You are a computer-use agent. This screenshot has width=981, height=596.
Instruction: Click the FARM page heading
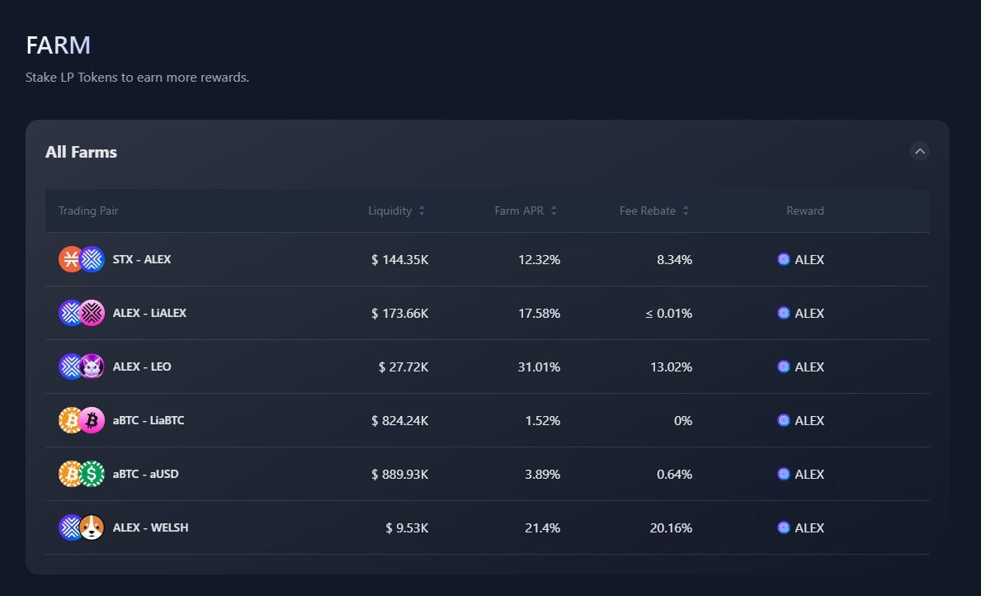click(x=58, y=45)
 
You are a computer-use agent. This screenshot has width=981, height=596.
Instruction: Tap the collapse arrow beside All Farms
click(x=919, y=151)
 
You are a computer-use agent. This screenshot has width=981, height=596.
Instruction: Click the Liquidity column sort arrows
click(x=422, y=210)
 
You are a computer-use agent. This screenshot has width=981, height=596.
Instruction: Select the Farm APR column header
click(x=519, y=210)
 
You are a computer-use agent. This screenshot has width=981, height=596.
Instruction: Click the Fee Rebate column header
click(x=648, y=210)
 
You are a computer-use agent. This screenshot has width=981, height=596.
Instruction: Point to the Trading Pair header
click(x=88, y=210)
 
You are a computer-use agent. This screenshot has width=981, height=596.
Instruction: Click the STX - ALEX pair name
click(x=142, y=259)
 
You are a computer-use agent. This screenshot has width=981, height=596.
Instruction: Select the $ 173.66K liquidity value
click(x=399, y=313)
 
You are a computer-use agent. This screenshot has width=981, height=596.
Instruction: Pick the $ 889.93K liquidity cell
click(x=399, y=474)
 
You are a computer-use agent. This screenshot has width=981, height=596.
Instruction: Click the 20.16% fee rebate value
click(x=671, y=527)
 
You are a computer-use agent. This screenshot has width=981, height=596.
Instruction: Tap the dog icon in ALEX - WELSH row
click(x=92, y=527)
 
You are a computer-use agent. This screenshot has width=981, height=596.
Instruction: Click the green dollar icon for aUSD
click(x=92, y=474)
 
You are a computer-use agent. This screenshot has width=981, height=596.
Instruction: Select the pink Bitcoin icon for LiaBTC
click(x=92, y=420)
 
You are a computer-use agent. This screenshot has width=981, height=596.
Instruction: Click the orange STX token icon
click(x=71, y=259)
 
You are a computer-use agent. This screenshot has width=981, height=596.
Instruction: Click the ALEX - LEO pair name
click(x=142, y=367)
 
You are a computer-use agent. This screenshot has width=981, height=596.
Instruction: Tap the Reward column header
click(x=804, y=210)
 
